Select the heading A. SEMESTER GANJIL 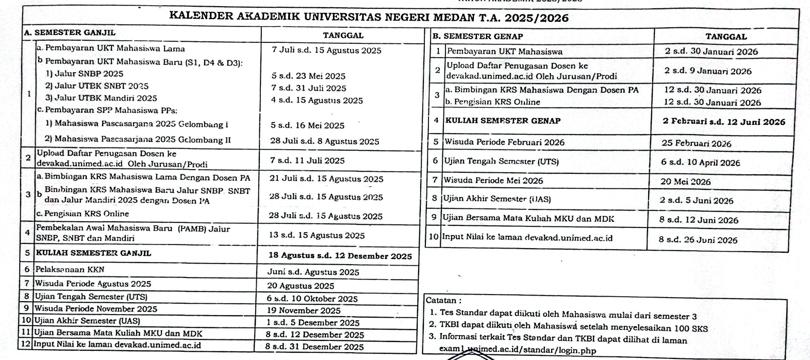(x=70, y=32)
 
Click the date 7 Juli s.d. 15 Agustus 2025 (x=326, y=51)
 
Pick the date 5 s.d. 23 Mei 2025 (x=308, y=76)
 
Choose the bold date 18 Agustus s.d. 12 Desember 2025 (x=340, y=256)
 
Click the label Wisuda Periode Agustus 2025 (x=93, y=284)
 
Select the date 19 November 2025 (x=303, y=310)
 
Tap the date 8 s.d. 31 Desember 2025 (x=314, y=347)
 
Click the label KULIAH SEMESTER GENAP (x=503, y=121)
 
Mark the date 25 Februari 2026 (x=697, y=143)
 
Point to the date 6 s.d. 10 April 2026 (x=700, y=162)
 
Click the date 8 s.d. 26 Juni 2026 (x=698, y=240)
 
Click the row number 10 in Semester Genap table (x=434, y=238)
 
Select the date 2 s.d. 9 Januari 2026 (x=707, y=71)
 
